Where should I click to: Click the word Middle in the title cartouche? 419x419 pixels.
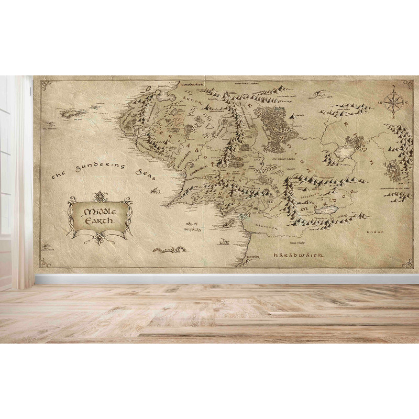click(x=100, y=212)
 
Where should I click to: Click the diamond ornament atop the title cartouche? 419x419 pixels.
click(x=100, y=196)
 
